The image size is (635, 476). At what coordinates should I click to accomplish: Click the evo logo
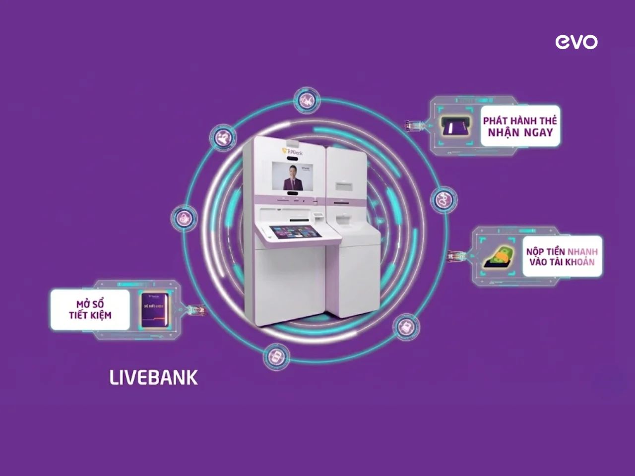pyautogui.click(x=576, y=42)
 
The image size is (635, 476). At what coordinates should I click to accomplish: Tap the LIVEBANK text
pyautogui.click(x=153, y=378)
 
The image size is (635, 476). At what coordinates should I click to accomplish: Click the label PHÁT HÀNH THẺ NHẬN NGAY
pyautogui.click(x=520, y=126)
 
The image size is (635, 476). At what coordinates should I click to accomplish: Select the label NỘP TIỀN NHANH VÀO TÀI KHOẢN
pyautogui.click(x=562, y=256)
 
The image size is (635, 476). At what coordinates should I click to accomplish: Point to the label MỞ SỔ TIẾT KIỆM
pyautogui.click(x=90, y=309)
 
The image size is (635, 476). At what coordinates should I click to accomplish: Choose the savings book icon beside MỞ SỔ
pyautogui.click(x=152, y=310)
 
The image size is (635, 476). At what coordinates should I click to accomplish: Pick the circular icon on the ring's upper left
pyautogui.click(x=226, y=137)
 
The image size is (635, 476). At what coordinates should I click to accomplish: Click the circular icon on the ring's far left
pyautogui.click(x=184, y=218)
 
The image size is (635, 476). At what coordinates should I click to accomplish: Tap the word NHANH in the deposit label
pyautogui.click(x=582, y=252)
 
